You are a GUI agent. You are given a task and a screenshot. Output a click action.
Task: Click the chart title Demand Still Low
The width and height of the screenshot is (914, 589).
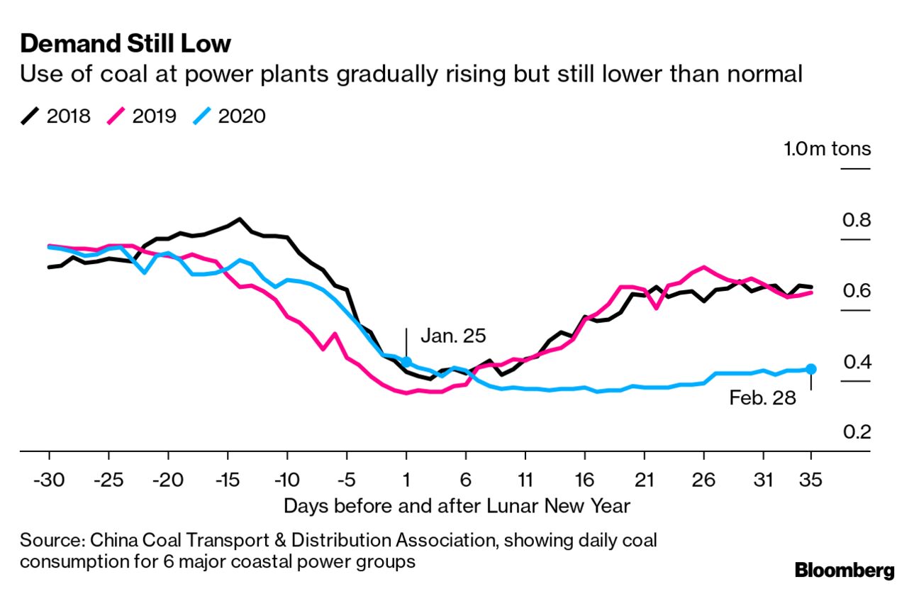point(126,44)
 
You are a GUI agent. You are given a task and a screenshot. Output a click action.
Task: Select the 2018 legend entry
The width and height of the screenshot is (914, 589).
point(57,116)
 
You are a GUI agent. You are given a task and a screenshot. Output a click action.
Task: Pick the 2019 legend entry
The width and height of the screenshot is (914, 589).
point(143,116)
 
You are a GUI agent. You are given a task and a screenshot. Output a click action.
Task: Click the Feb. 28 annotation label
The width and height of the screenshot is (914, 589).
point(762,397)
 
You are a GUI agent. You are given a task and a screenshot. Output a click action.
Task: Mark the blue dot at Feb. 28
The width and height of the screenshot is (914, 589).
point(811,369)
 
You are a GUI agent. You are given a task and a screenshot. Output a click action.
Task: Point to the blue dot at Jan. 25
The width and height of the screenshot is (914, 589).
point(406,362)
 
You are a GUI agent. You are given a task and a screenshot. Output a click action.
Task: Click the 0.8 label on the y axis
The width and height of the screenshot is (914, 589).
point(856,220)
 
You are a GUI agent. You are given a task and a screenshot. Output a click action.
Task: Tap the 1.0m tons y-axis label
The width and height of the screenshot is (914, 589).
point(827,149)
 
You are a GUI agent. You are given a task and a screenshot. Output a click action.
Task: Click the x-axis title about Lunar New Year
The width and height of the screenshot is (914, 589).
point(457,506)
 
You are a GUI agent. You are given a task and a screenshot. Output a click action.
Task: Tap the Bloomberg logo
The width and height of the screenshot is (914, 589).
point(845,571)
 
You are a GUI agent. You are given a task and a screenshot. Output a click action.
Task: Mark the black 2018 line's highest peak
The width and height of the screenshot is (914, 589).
point(240,219)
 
